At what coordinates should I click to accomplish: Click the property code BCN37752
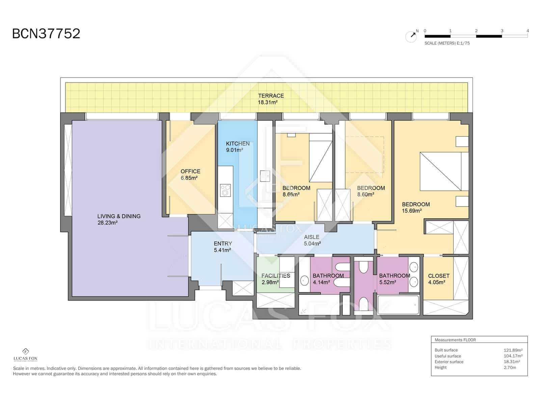(46, 34)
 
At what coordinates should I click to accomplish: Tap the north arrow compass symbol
(411, 36)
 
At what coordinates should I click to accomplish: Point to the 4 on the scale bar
(528, 31)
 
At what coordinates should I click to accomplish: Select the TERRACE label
(271, 96)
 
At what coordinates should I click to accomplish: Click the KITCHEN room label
(238, 144)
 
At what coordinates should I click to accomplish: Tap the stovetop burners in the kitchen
(225, 190)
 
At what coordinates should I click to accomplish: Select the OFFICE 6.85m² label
(190, 174)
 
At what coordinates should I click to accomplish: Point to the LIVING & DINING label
(119, 216)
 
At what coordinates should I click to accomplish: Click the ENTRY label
(223, 244)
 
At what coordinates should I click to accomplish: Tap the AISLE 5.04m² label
(312, 240)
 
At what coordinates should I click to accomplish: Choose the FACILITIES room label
(275, 276)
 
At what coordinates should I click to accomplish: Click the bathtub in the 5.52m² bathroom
(398, 305)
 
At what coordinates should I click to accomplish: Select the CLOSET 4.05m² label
(438, 279)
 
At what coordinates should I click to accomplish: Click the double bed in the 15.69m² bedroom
(440, 171)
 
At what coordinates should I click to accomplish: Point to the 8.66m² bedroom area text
(291, 195)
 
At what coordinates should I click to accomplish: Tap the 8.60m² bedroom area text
(366, 195)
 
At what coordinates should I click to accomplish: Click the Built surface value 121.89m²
(513, 350)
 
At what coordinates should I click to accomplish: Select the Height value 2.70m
(510, 368)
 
